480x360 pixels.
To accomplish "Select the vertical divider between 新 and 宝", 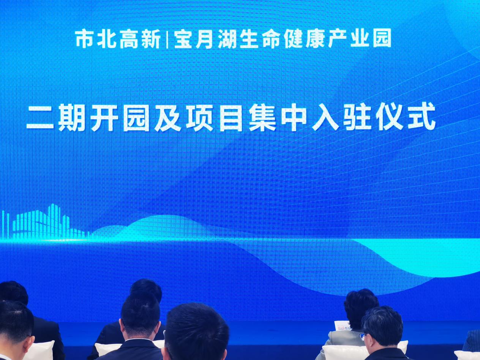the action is click(167, 40).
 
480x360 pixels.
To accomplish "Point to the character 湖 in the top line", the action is click(227, 39).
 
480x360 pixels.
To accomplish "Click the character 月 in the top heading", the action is click(204, 39).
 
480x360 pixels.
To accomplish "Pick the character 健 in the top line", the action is click(292, 39).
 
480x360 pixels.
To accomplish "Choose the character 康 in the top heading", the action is click(315, 39).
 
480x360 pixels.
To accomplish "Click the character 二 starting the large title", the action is click(40, 119).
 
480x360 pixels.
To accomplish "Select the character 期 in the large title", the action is click(73, 118).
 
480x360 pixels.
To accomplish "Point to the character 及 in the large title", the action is click(168, 118).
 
